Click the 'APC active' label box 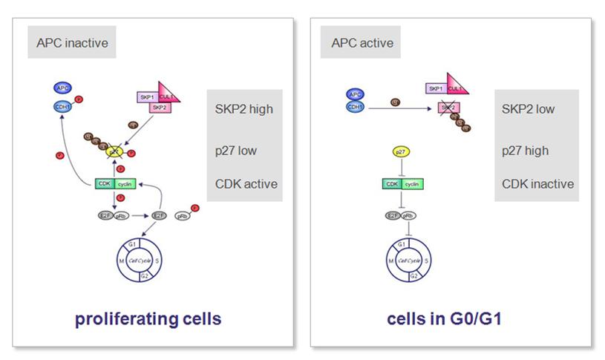361,42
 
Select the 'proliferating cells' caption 148,319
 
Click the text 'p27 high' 526,151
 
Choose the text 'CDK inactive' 538,184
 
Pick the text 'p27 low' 237,151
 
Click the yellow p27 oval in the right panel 400,151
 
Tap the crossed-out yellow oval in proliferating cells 115,151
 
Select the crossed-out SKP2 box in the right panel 447,108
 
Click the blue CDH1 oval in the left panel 63,107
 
